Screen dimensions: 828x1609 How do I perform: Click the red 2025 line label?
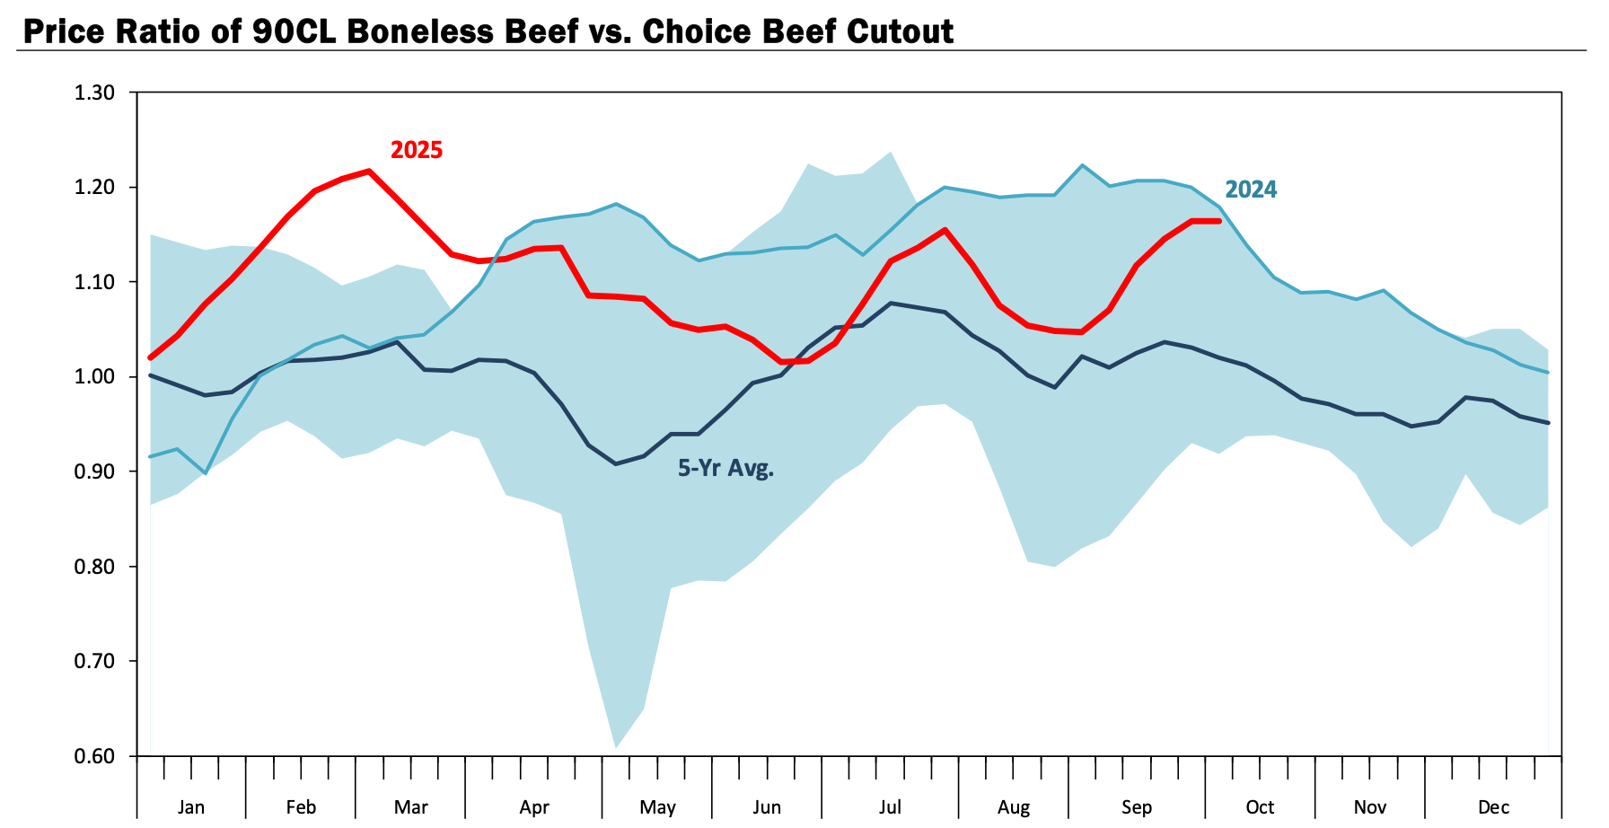click(416, 150)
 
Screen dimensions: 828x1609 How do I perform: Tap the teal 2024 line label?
click(1251, 189)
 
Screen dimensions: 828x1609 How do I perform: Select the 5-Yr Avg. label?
click(725, 468)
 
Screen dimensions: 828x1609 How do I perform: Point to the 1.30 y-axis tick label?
click(96, 92)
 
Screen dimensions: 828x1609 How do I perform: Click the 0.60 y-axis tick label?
click(96, 756)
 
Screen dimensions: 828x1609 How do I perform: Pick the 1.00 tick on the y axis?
click(96, 377)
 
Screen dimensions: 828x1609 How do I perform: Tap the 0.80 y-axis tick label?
click(96, 567)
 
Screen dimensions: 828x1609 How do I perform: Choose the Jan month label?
click(190, 807)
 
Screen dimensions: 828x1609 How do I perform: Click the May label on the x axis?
click(657, 807)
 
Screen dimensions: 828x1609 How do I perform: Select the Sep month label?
click(1137, 807)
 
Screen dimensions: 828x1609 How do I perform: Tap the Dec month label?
click(1493, 807)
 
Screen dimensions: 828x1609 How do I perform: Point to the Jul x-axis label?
click(890, 807)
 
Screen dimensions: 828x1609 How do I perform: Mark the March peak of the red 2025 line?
click(369, 171)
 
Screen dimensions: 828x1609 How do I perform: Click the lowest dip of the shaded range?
click(616, 746)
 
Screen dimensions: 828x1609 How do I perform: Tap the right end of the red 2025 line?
click(1218, 221)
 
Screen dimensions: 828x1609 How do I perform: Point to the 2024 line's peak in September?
click(1083, 165)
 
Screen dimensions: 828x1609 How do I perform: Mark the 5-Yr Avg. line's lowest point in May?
click(616, 463)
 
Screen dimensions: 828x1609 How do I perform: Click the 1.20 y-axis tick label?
click(96, 188)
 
